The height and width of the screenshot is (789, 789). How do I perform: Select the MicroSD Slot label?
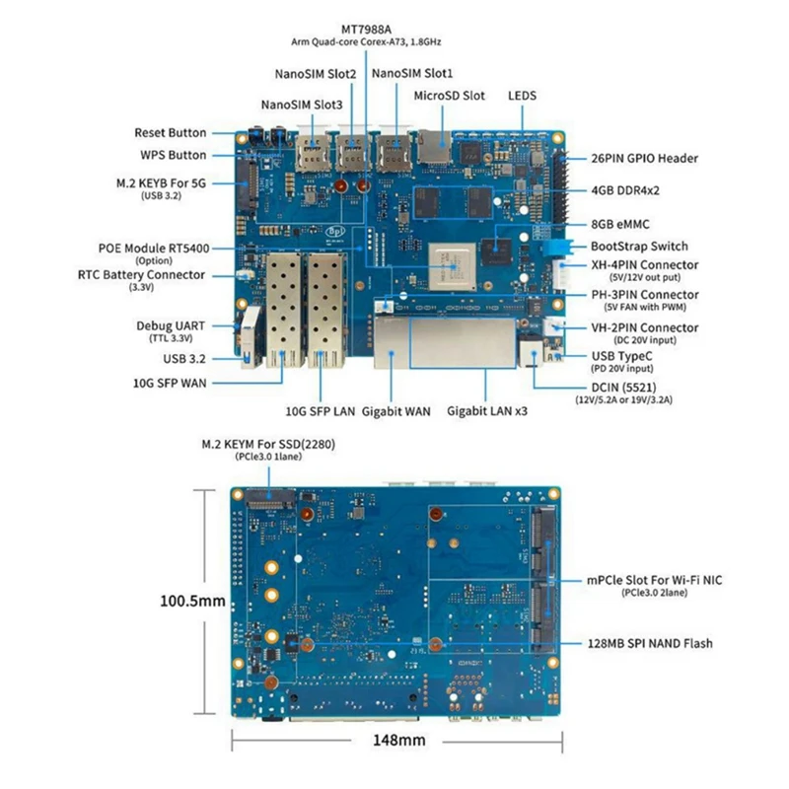[450, 96]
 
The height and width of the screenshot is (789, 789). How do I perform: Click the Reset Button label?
[171, 132]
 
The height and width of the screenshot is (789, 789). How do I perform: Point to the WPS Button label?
[174, 155]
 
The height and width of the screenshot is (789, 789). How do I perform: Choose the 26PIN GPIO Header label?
[645, 158]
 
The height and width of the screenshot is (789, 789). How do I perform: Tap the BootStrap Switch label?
[639, 246]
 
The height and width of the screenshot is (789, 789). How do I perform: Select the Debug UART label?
[169, 324]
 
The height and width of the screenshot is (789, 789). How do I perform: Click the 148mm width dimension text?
[399, 740]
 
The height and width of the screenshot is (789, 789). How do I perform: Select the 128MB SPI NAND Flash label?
[652, 643]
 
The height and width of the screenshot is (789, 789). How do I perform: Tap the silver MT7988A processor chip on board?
[448, 258]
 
